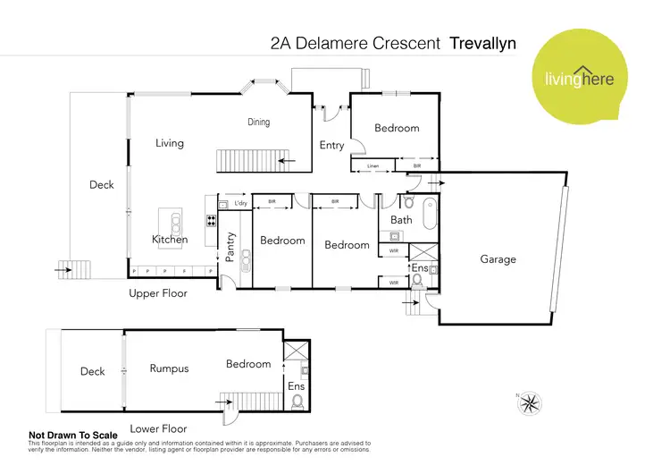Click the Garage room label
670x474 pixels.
(498, 259)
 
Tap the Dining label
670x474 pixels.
(258, 123)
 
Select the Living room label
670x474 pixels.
(169, 143)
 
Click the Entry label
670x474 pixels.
(331, 146)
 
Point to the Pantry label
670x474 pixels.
(230, 246)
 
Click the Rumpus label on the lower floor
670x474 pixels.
(169, 368)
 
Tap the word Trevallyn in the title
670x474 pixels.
(483, 42)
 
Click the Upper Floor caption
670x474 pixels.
(158, 293)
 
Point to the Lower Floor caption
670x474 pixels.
(158, 428)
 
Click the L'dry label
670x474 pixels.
(240, 204)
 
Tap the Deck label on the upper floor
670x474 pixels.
(102, 185)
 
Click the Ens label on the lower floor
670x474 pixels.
(297, 386)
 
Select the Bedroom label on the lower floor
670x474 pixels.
(248, 364)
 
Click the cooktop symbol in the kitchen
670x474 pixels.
(212, 221)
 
